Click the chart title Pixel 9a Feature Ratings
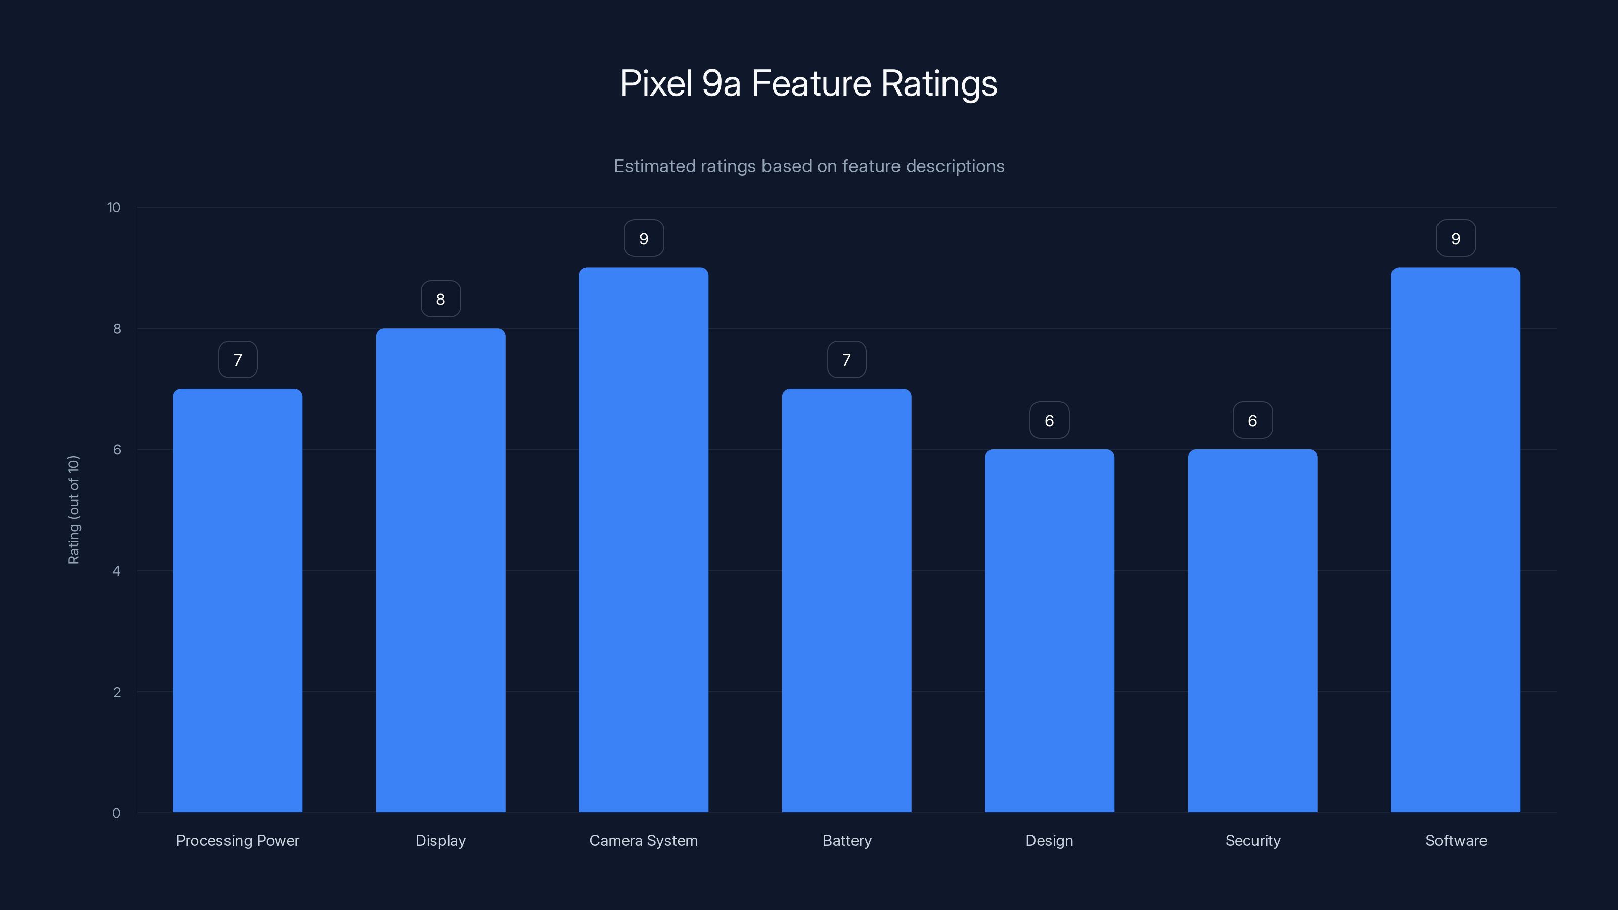(x=808, y=83)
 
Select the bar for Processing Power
(x=238, y=601)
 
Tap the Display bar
(x=440, y=570)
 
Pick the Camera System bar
(x=643, y=540)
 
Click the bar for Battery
(x=846, y=601)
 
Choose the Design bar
(x=1049, y=630)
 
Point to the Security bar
(x=1252, y=630)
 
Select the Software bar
(x=1455, y=540)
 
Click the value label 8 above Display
(x=440, y=299)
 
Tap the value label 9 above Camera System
(x=644, y=239)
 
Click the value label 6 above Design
(x=1049, y=420)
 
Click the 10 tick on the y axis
(x=114, y=208)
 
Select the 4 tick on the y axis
(x=116, y=571)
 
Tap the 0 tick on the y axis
(x=116, y=813)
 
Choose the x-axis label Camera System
(x=643, y=840)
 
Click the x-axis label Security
(x=1252, y=840)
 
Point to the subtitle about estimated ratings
(x=808, y=166)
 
